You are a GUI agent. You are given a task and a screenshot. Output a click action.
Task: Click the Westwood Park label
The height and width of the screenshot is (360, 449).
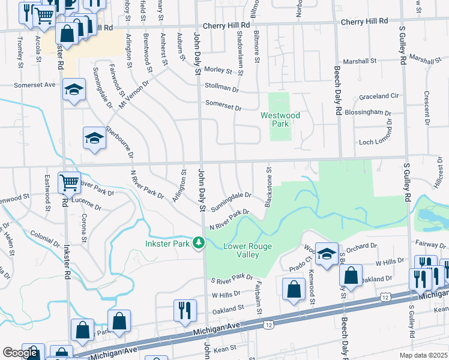280,119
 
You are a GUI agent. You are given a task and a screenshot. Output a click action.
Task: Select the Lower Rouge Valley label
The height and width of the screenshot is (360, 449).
247,250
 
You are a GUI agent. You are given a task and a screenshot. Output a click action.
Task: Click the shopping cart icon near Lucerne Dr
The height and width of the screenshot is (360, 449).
70,182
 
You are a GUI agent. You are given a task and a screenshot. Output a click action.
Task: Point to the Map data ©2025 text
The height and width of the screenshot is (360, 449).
424,355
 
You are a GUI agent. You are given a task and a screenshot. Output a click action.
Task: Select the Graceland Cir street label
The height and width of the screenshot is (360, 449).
379,96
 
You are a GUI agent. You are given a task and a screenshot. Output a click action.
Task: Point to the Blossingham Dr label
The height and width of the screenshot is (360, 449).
367,112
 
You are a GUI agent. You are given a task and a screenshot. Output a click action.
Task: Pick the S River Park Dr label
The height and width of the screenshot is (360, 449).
232,277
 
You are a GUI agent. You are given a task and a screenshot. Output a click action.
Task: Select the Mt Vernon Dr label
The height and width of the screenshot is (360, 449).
135,95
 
